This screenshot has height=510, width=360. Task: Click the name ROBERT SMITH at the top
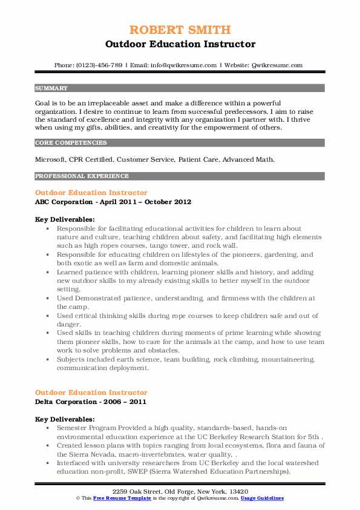click(180, 30)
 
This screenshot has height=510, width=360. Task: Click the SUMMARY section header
click(51, 88)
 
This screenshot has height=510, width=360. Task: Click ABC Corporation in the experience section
click(63, 201)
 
